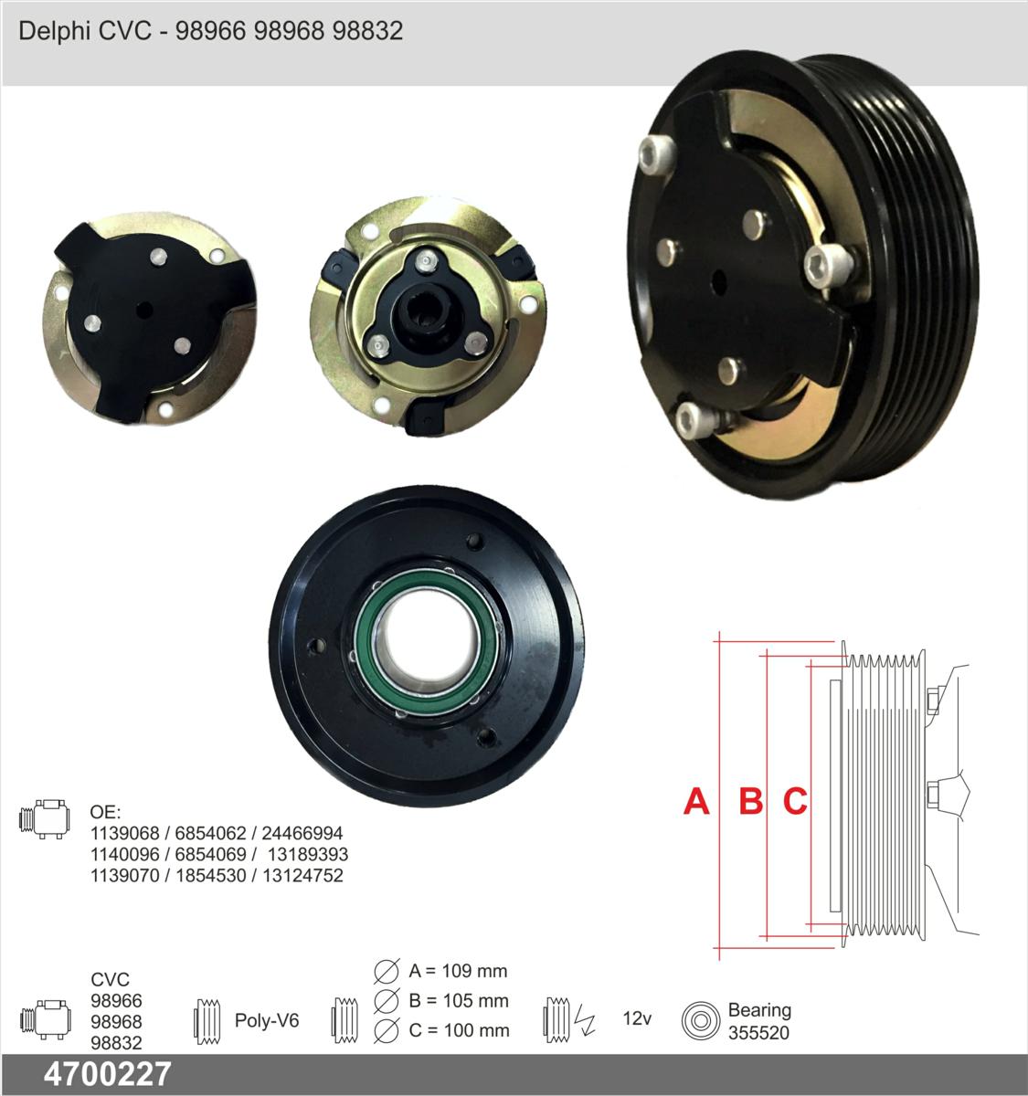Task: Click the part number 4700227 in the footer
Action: point(108,1074)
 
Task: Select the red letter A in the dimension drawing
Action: point(696,801)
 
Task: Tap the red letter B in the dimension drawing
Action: point(751,801)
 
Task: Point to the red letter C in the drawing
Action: point(795,801)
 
